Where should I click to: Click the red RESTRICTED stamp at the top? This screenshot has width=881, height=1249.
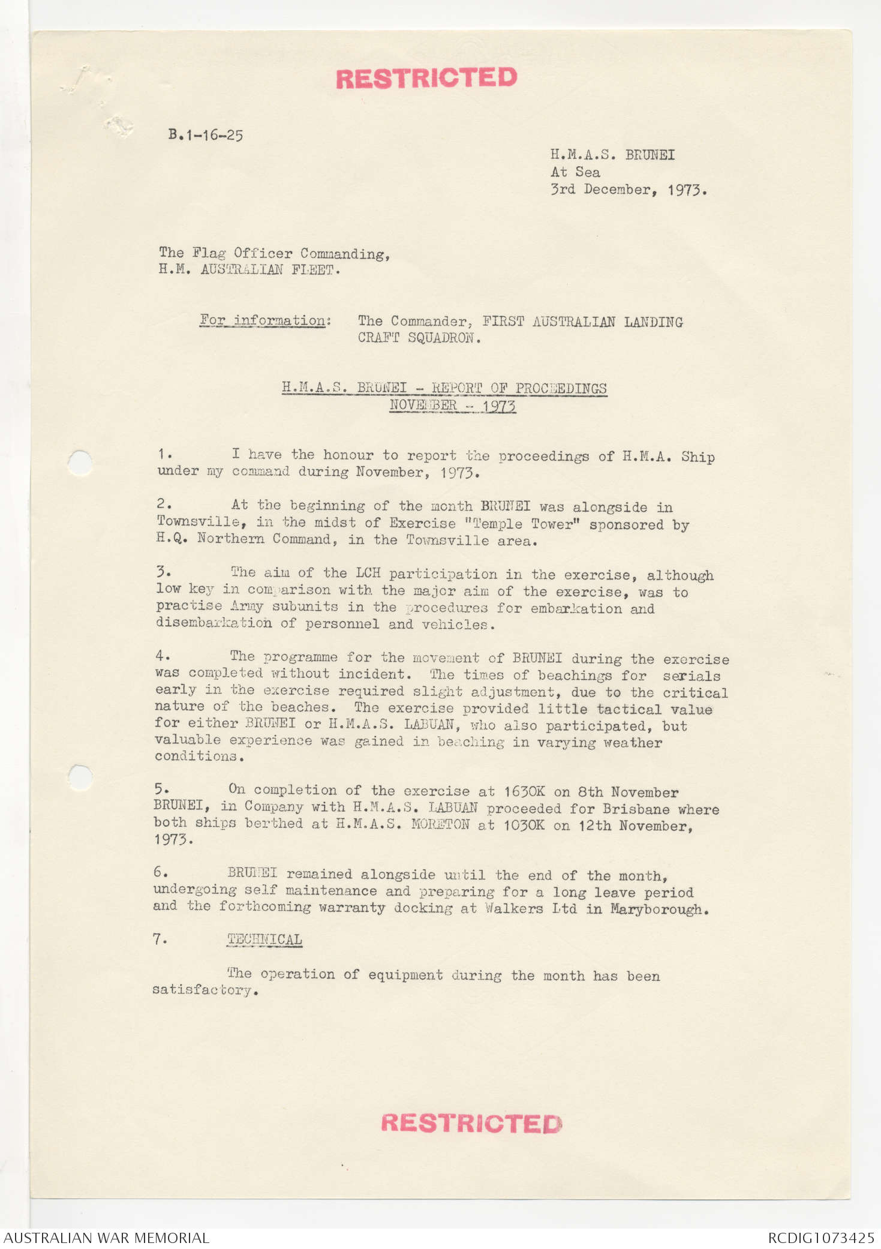[x=426, y=78]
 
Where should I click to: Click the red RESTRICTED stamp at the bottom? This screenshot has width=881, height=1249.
[x=471, y=1123]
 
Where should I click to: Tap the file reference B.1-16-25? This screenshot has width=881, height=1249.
[x=206, y=135]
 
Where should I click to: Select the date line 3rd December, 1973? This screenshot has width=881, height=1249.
[x=629, y=190]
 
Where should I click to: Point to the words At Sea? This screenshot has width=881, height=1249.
[x=575, y=172]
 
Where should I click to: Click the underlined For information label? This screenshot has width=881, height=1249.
[x=264, y=320]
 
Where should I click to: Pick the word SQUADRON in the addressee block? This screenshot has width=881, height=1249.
[x=444, y=338]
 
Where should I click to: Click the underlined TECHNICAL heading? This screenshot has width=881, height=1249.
[x=264, y=939]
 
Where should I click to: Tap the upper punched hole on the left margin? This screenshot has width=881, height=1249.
[x=80, y=463]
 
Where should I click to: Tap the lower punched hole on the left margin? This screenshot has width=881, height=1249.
[x=80, y=777]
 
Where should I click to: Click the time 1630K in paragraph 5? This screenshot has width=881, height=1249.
[x=524, y=792]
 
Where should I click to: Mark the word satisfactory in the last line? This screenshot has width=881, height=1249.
[x=205, y=990]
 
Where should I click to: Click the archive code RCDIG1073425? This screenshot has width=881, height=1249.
[x=820, y=1238]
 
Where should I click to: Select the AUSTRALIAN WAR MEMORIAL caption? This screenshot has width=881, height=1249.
[x=107, y=1238]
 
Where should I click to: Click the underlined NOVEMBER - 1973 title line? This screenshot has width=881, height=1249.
[x=452, y=406]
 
